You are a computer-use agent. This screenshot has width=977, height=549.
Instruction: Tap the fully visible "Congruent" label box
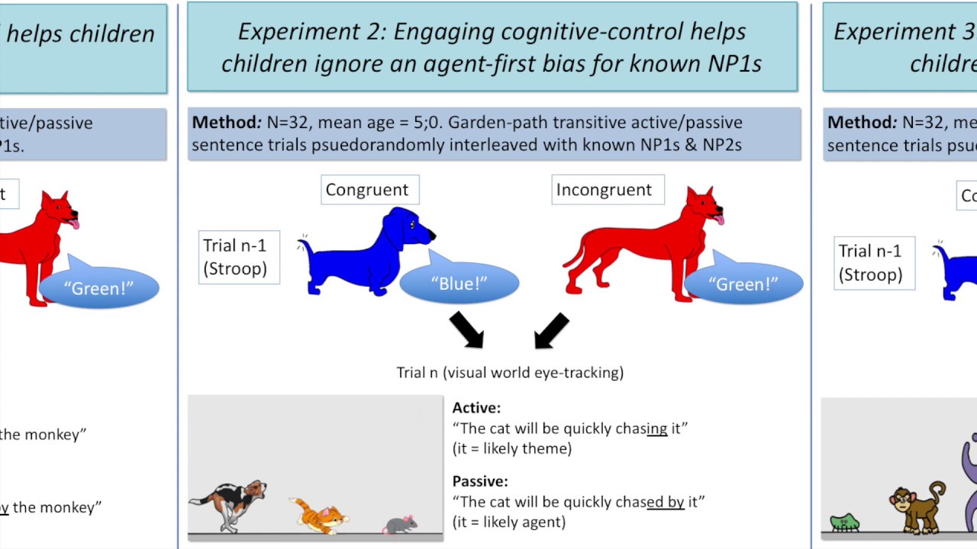[367, 190]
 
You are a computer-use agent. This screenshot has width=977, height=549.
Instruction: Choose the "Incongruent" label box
[604, 190]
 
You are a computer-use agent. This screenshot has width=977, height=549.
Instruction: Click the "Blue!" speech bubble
[459, 284]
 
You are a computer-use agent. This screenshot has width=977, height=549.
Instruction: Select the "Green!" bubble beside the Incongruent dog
[743, 284]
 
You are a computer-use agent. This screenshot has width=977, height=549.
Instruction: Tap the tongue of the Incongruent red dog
[717, 220]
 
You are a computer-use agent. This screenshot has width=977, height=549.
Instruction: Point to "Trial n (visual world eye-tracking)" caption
[510, 372]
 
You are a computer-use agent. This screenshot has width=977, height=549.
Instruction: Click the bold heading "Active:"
[476, 408]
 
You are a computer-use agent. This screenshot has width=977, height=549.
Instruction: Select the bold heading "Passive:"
[480, 481]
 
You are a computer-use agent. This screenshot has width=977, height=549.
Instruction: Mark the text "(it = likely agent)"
[509, 522]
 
